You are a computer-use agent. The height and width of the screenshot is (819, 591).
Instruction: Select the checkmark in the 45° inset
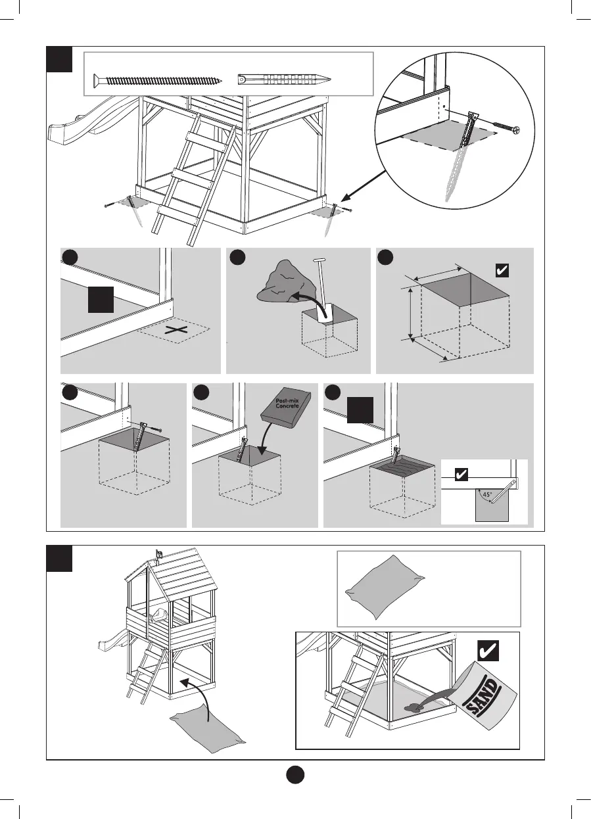[x=461, y=475]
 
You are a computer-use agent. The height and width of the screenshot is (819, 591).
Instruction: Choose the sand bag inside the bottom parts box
[x=381, y=587]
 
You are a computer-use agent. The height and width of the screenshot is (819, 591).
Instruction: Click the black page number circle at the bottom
[x=295, y=774]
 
